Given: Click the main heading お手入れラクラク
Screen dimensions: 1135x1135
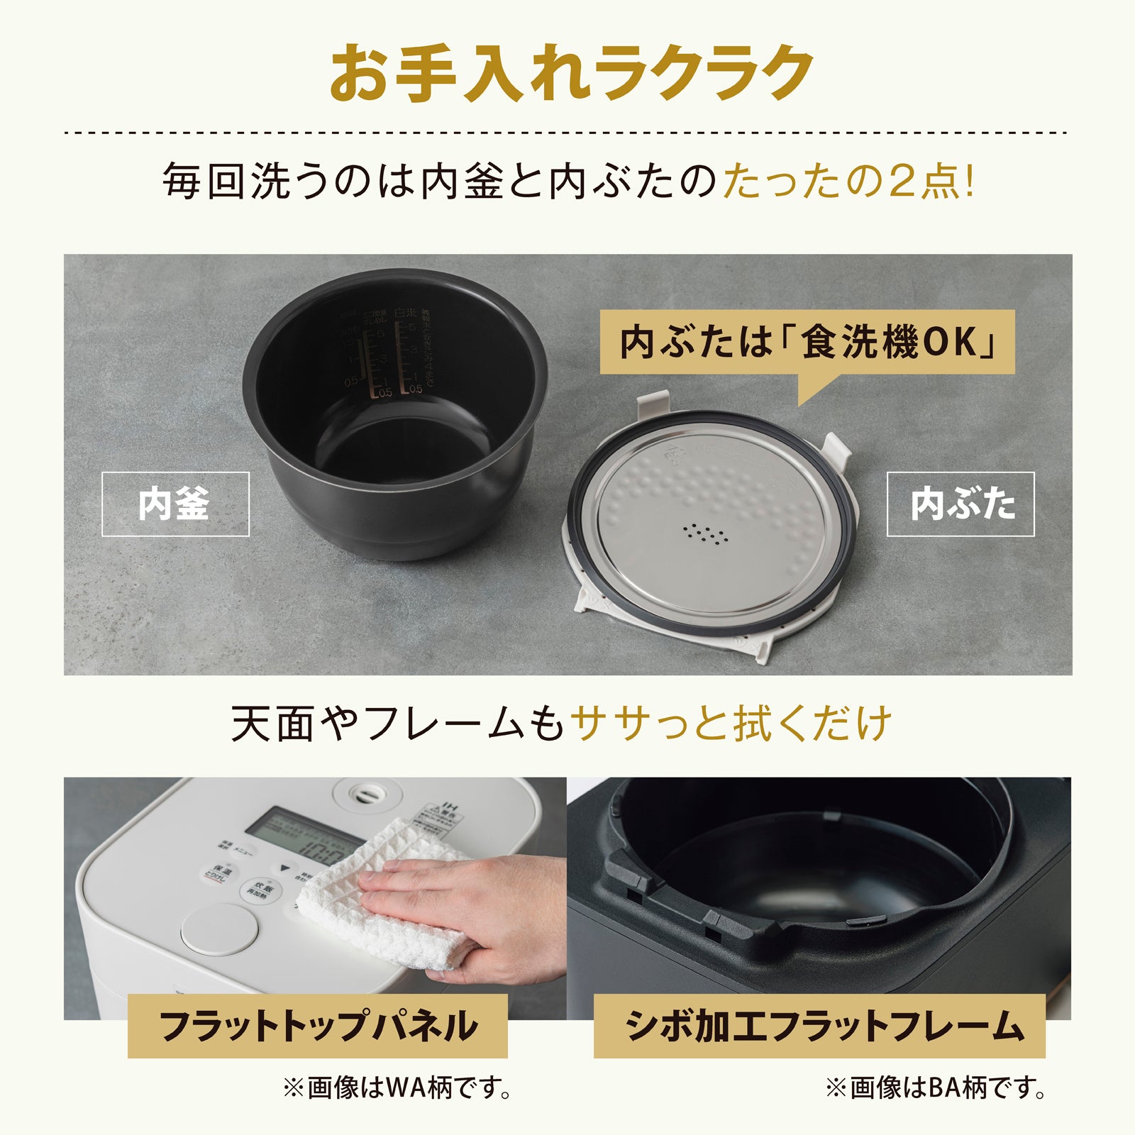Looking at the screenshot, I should coord(571,74).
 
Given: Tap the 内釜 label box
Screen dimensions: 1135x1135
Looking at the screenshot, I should coord(175,504).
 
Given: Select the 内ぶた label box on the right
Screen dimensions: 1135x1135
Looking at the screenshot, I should coord(960,504).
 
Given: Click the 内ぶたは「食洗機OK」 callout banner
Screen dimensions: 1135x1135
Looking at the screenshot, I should coord(807,343).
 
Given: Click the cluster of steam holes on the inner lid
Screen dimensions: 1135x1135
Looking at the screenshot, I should coord(705,533).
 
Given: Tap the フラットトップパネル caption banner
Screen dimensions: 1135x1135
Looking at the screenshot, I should coord(317,1026).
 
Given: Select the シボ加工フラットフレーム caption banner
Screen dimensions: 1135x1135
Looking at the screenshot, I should coord(819,1026).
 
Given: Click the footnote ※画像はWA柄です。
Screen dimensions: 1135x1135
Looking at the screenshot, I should coord(397,1087).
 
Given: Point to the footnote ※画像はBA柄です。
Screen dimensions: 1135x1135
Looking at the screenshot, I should coord(935,1087).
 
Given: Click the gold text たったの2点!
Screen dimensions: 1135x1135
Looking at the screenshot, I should coord(849,182).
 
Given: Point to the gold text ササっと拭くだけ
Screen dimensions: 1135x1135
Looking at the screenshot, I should coord(731,724).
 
